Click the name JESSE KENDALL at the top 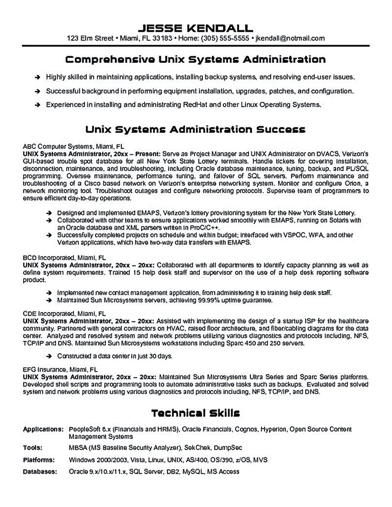196,26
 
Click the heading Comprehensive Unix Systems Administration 196,60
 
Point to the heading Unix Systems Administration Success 196,129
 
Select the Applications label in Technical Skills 43,429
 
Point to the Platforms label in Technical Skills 39,460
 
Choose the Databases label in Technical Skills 40,472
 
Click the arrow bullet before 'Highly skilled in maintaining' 38,77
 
